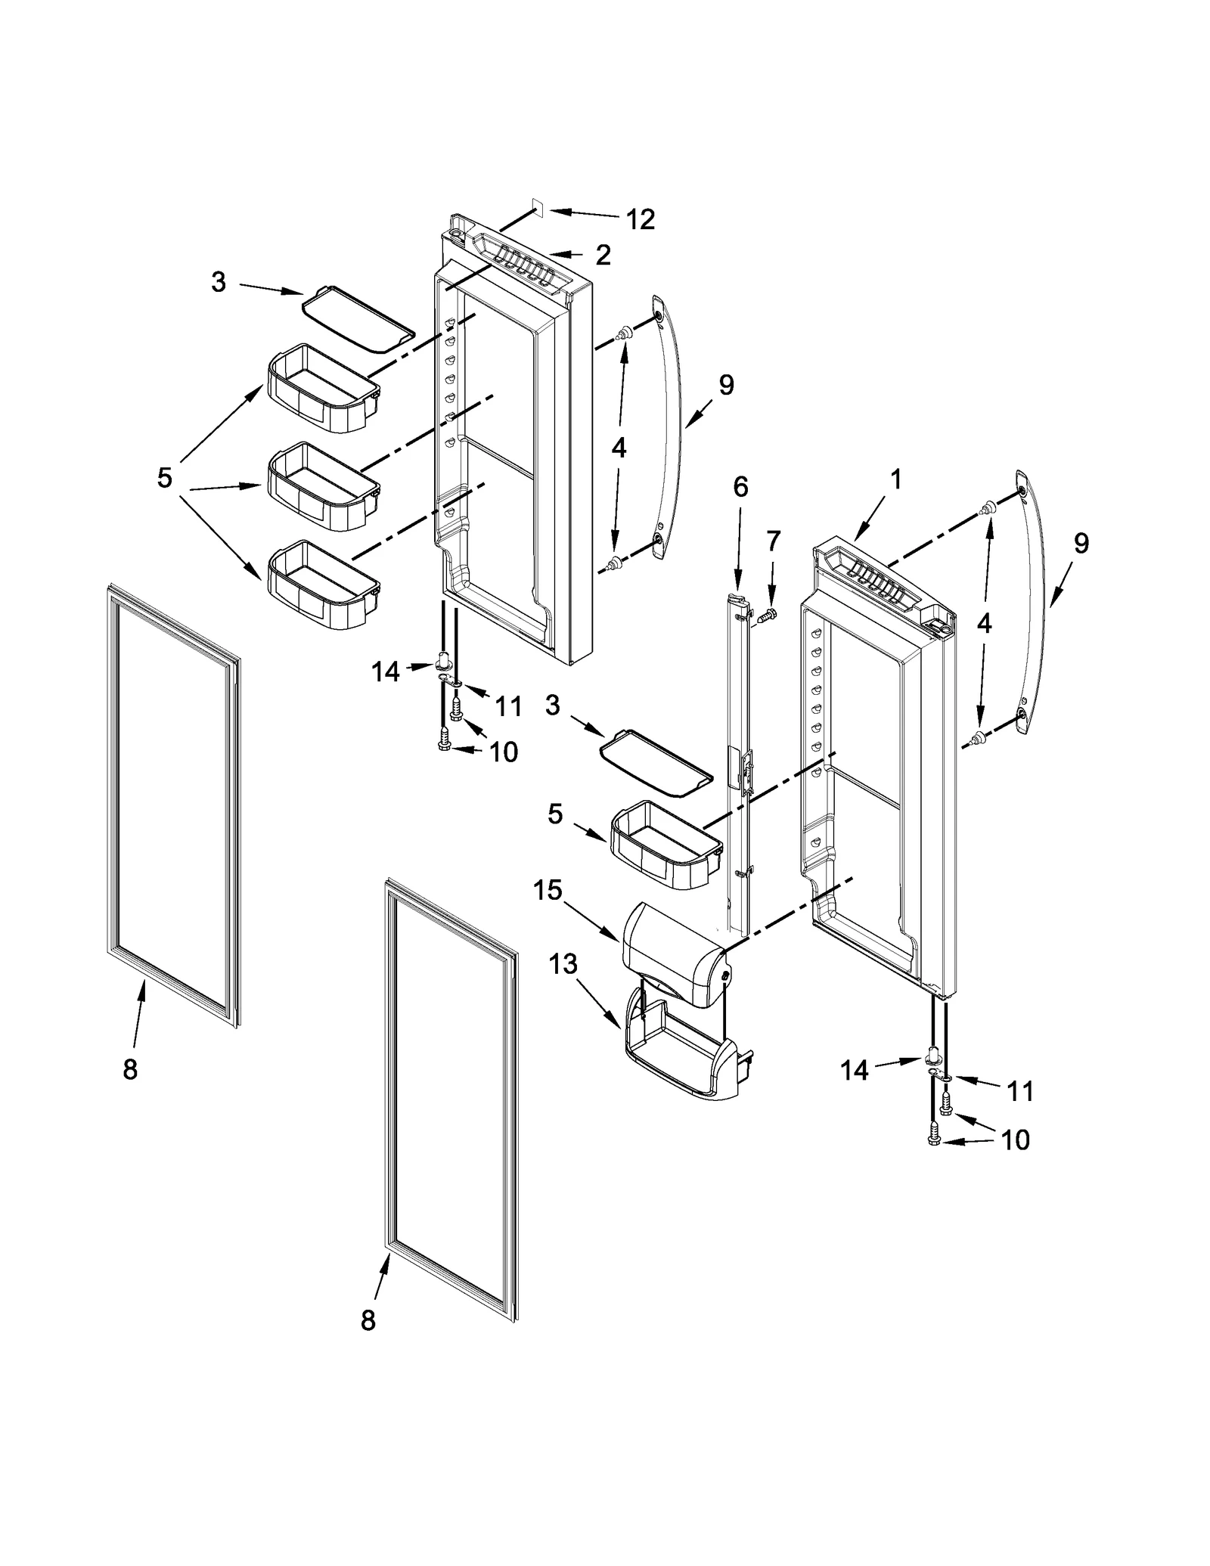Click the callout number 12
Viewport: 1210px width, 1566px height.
[x=639, y=219]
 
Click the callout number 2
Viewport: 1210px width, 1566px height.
[x=603, y=256]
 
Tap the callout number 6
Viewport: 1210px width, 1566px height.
[x=740, y=487]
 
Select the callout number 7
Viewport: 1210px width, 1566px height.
[x=773, y=541]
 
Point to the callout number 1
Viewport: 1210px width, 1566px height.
[x=895, y=479]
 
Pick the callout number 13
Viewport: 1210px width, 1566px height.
[x=563, y=964]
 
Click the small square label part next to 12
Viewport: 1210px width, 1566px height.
[x=538, y=206]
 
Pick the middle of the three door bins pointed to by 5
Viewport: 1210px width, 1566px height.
[x=322, y=485]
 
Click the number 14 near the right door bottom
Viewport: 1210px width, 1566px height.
[x=855, y=1070]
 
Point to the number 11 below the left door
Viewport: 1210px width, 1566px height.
[x=508, y=706]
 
